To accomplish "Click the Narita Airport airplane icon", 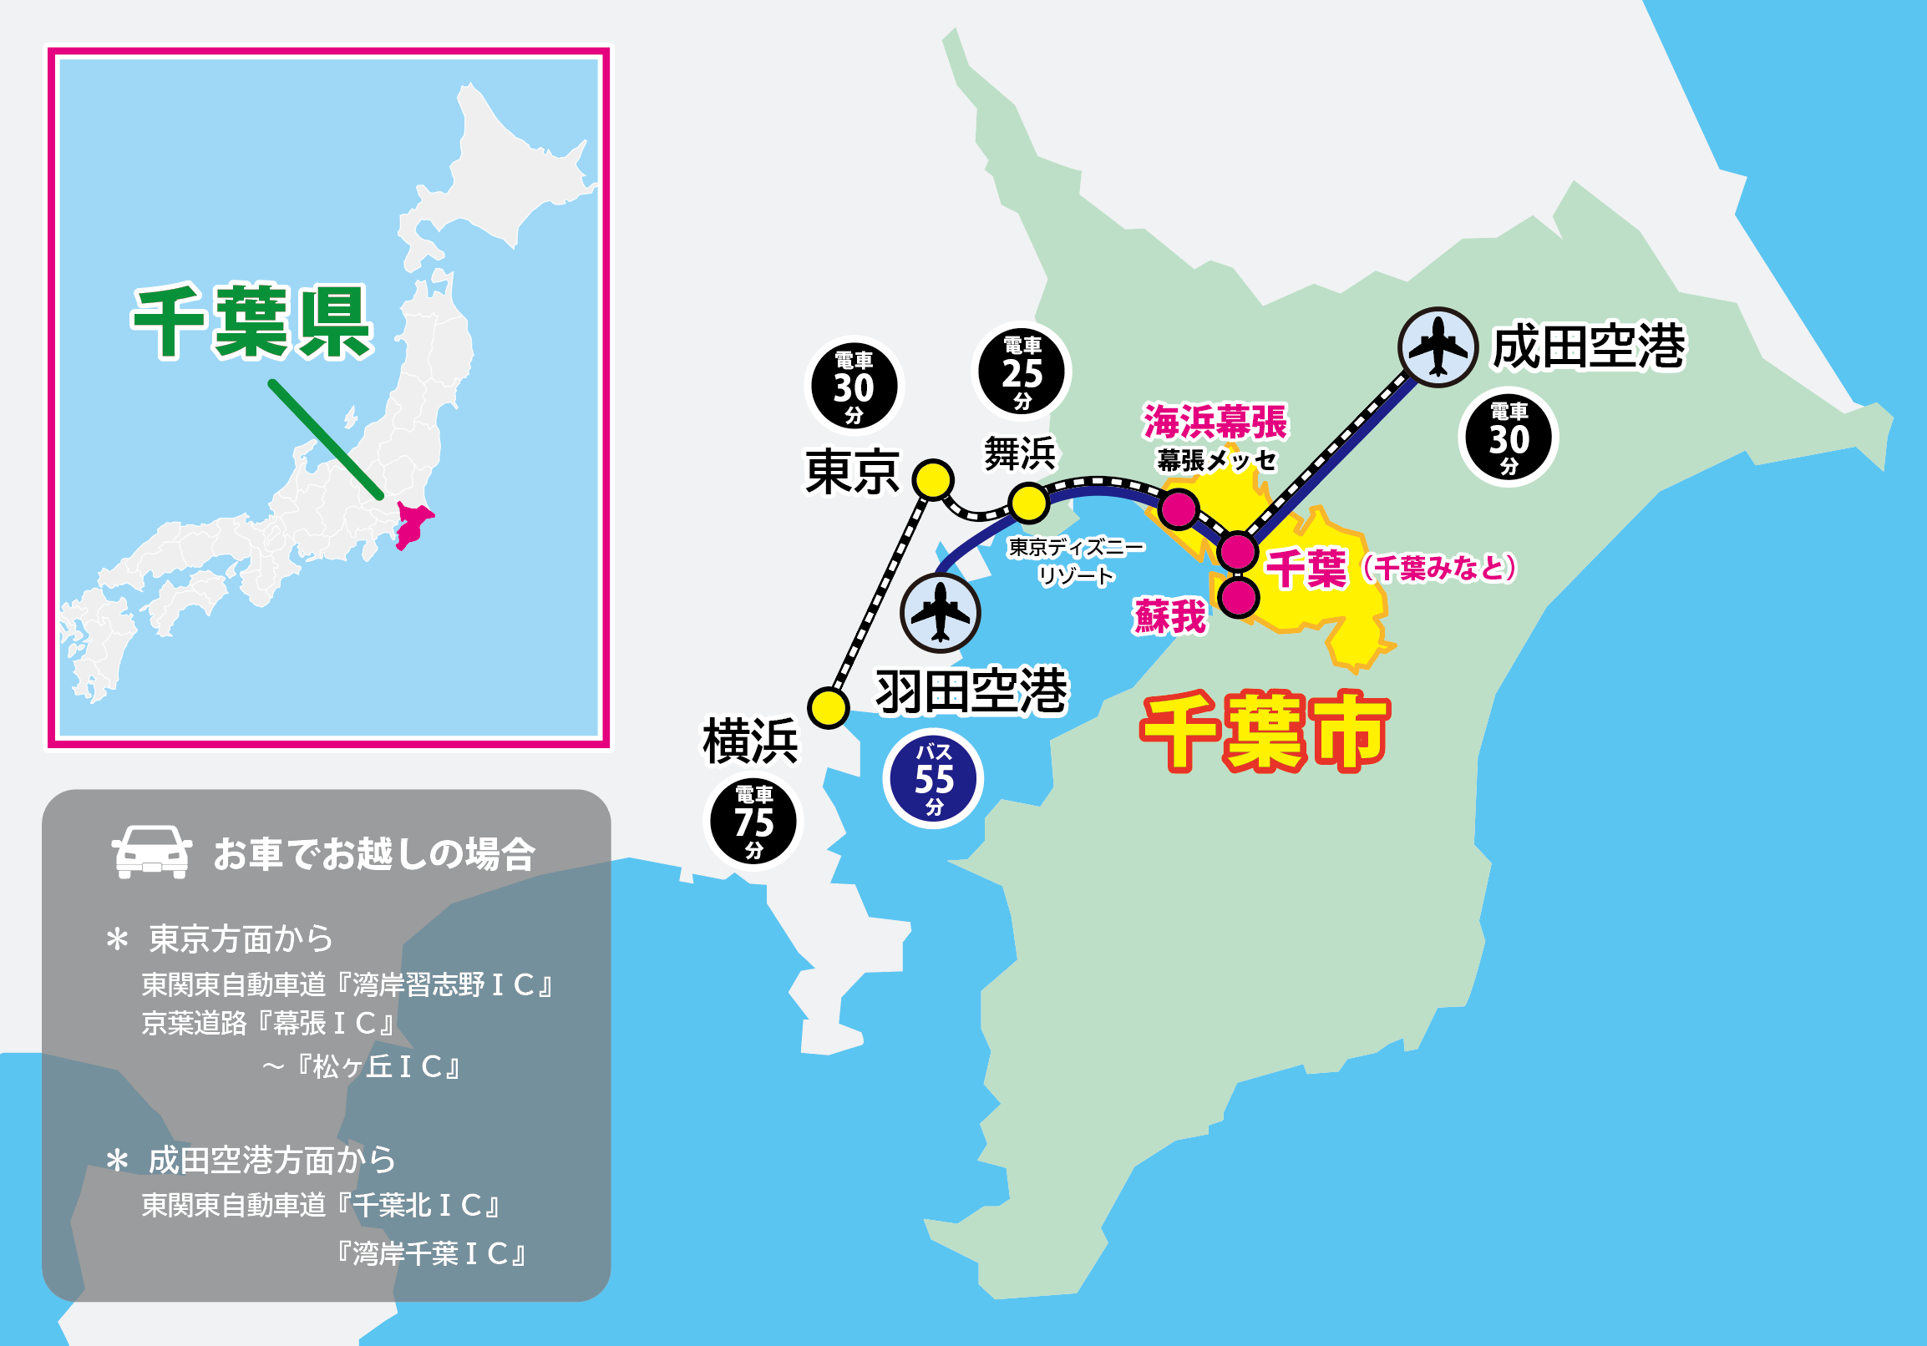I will (1438, 347).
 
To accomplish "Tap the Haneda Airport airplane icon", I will (940, 613).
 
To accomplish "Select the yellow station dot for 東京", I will (932, 480).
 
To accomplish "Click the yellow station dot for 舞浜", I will (1029, 503).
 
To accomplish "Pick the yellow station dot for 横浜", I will (828, 707).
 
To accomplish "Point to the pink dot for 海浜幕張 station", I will (1179, 509).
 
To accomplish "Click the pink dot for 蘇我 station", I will (1238, 598).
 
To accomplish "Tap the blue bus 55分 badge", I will (933, 779).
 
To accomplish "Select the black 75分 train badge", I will (753, 822).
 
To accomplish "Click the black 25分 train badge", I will (1022, 372).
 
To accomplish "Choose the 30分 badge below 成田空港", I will (1509, 438).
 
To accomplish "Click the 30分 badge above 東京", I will (854, 386).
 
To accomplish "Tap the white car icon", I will (152, 852).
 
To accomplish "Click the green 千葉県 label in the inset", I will (251, 323).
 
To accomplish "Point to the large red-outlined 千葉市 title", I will (1265, 731).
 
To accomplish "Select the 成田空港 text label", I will (1588, 347).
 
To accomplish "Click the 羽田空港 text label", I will (971, 692).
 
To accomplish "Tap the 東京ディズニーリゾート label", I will (1076, 561).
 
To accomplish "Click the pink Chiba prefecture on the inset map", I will (412, 524).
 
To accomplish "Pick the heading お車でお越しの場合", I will (374, 854).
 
